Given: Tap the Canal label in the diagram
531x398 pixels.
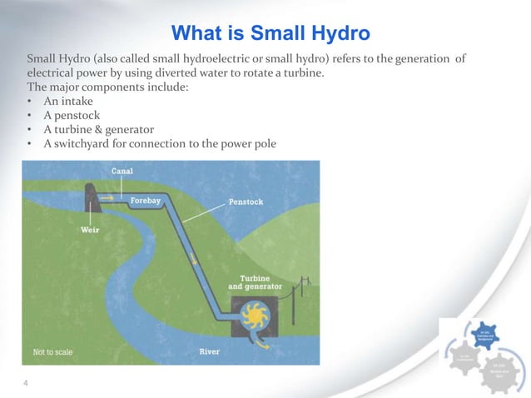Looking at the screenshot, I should point(122,171).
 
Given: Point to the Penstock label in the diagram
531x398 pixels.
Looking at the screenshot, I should point(246,201).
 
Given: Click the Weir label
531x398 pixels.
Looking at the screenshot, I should point(91,230).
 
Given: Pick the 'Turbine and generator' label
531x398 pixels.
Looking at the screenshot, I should point(255,282).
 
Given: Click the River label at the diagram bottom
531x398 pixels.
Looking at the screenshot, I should point(210,351).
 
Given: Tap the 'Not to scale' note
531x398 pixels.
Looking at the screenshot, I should point(52,352).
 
